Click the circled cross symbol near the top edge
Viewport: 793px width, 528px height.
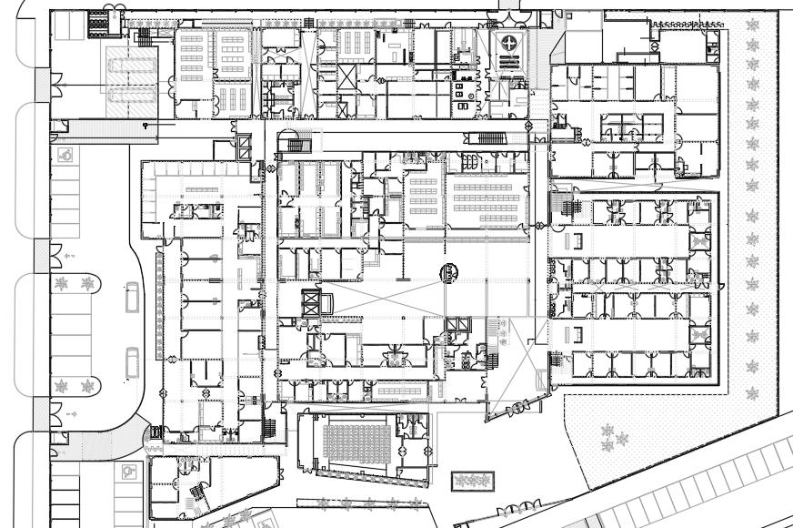pos(509,43)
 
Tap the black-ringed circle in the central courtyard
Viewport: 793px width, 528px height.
pos(449,270)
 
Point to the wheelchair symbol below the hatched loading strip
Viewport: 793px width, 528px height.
pos(66,156)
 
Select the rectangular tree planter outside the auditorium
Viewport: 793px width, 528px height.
pos(472,479)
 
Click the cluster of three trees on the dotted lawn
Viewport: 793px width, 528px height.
pos(615,437)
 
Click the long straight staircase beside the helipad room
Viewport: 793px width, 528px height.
pos(485,138)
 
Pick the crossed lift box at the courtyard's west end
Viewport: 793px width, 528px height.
pos(311,304)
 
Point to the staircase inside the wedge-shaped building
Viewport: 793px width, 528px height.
pos(194,495)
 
